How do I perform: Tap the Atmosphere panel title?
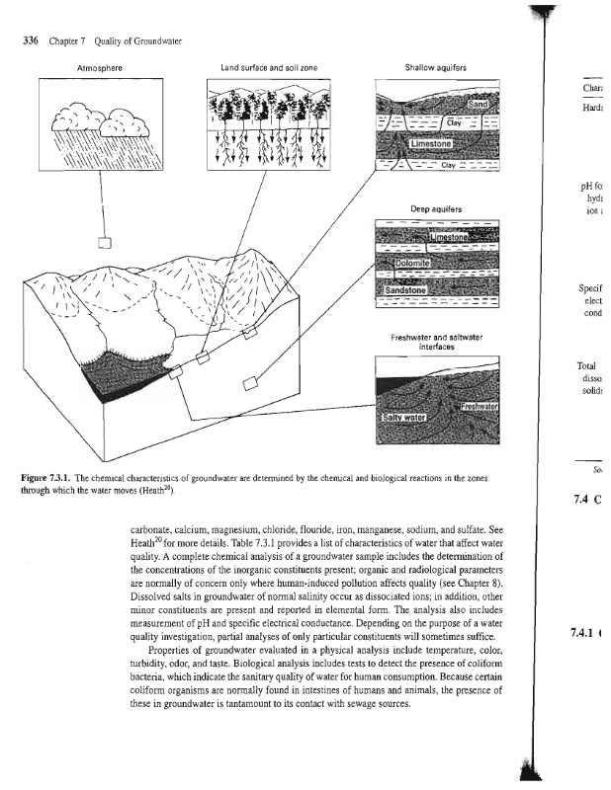pyautogui.click(x=103, y=67)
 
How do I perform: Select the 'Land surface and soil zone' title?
pyautogui.click(x=266, y=67)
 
